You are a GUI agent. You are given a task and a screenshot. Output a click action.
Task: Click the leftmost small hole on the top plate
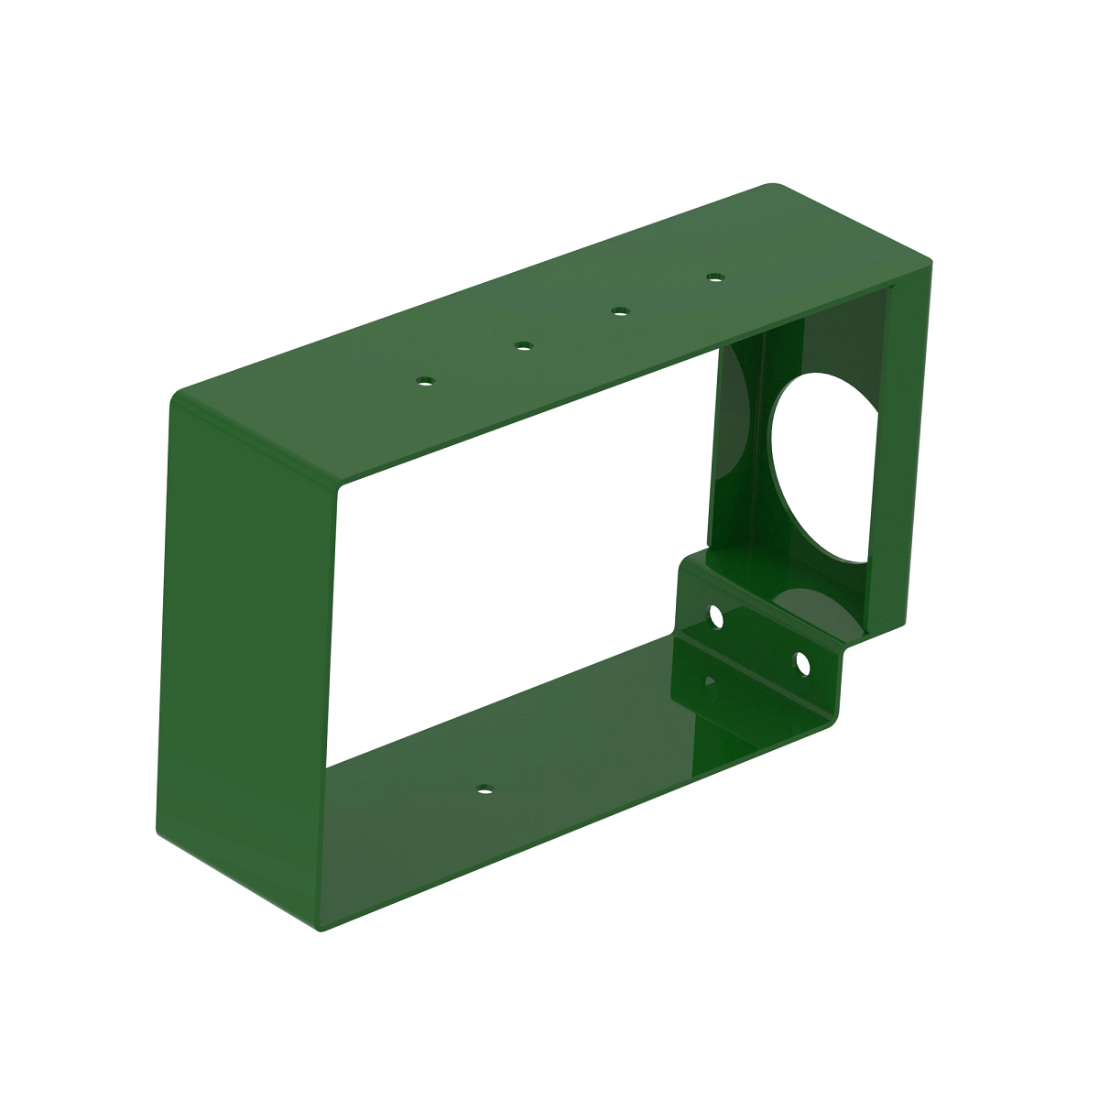click(424, 380)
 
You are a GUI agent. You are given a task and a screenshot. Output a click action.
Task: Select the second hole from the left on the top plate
click(523, 345)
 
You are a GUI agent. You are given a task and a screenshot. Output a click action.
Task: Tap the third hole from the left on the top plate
click(620, 312)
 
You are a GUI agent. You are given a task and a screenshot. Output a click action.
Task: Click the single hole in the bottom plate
click(484, 789)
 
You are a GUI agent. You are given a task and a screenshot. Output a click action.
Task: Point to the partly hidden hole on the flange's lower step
click(707, 682)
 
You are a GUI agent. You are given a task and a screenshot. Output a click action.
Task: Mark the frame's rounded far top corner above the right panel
click(775, 187)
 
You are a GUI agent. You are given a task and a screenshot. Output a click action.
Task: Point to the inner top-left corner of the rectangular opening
click(341, 491)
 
